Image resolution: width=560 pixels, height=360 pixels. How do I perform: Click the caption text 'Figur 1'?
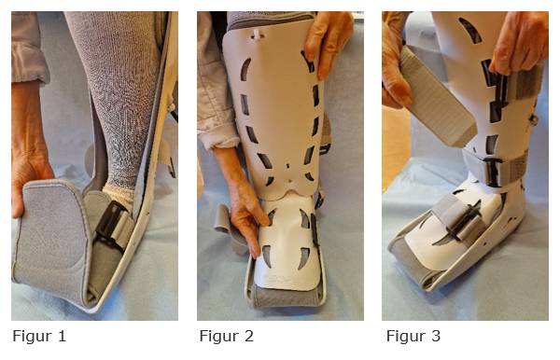coord(38,336)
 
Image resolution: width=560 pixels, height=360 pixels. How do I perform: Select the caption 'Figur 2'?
coord(226,336)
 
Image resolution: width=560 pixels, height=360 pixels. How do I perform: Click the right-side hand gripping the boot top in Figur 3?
coord(518,42)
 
